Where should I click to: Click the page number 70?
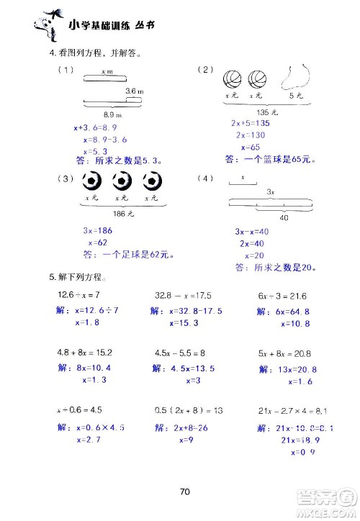click(184, 492)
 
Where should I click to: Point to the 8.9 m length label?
click(112, 115)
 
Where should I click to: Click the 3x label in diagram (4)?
click(270, 193)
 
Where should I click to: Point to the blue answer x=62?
click(98, 243)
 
